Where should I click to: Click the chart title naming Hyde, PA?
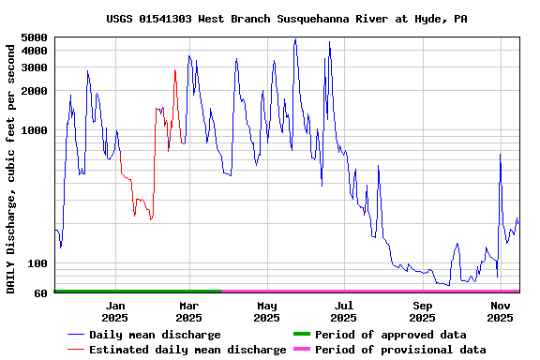pos(287,19)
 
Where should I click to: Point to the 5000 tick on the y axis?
pos(34,37)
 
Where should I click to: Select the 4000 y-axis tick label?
pos(34,51)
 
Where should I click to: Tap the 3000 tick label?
pos(34,67)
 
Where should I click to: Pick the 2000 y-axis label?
pos(34,91)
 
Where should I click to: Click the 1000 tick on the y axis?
pos(34,131)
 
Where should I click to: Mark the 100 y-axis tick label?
pos(37,264)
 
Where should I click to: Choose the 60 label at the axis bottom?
pos(40,293)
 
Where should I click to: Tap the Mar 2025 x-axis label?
pos(188,311)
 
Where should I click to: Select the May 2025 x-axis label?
pos(267,311)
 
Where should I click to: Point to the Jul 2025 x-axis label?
pos(344,311)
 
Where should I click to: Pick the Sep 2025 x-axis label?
pos(423,311)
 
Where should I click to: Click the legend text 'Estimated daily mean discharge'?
pos(187,350)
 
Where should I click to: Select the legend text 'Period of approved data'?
pos(390,335)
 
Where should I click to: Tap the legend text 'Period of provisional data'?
pos(400,350)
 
